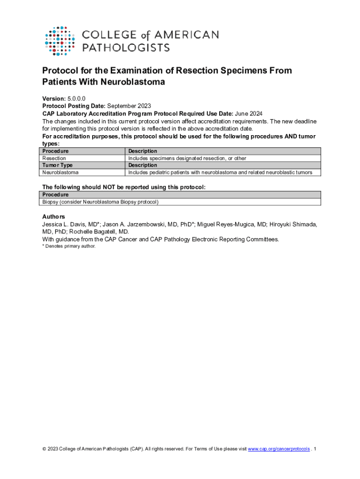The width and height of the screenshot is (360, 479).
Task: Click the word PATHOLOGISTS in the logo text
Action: tap(126, 47)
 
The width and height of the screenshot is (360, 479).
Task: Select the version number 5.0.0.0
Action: tap(77, 99)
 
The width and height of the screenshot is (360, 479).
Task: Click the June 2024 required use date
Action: tap(248, 114)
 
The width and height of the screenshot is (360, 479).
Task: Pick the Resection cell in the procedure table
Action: tap(54, 158)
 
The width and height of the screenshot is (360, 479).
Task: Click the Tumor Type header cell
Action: tap(58, 165)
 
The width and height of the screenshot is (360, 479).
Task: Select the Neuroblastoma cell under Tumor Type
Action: tap(61, 173)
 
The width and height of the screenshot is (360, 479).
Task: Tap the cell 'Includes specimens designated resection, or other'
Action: tap(187, 158)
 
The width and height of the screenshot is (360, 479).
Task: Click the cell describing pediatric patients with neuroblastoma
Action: tap(220, 173)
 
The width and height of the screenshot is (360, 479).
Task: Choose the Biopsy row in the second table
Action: tap(100, 202)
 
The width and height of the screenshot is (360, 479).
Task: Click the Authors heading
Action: tap(54, 217)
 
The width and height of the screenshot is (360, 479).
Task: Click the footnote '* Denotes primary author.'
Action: tap(69, 246)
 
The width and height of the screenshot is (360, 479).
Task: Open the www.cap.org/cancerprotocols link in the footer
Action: tap(279, 449)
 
